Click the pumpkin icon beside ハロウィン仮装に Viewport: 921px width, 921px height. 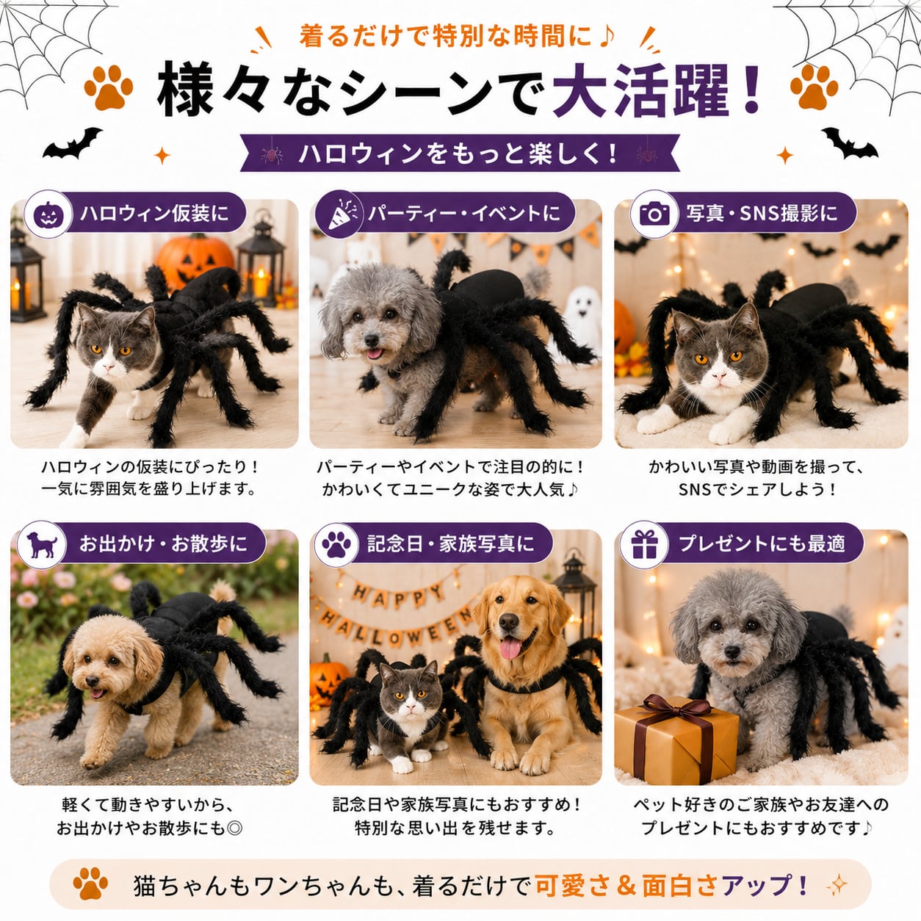coord(48,214)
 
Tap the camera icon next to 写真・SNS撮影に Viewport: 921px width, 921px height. coord(654,214)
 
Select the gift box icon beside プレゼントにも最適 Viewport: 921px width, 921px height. coord(644,544)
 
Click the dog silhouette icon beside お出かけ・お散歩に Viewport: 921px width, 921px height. coord(42,545)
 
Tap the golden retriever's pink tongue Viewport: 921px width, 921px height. coord(510,648)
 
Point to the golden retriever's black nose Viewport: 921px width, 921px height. coord(508,621)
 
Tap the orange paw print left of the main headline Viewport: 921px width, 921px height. coord(109,87)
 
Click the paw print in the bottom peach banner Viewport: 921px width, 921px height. coord(90,883)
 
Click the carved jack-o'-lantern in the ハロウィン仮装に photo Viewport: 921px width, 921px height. coord(194,263)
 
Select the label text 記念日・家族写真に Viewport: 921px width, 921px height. coord(451,544)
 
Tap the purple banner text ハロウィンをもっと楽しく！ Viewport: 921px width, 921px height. coord(458,154)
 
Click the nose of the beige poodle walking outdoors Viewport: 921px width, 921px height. coord(93,679)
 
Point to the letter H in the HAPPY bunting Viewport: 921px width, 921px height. coord(360,593)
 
